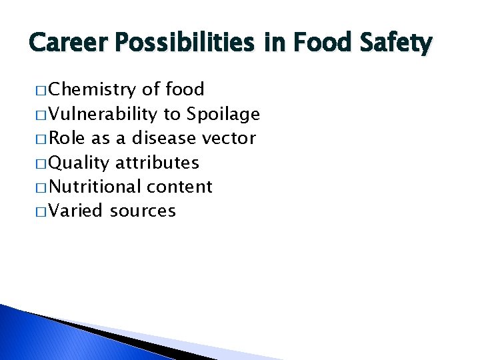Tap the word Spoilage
223,115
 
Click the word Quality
79,163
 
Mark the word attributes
157,163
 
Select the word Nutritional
97,187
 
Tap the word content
181,187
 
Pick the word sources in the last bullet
143,211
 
